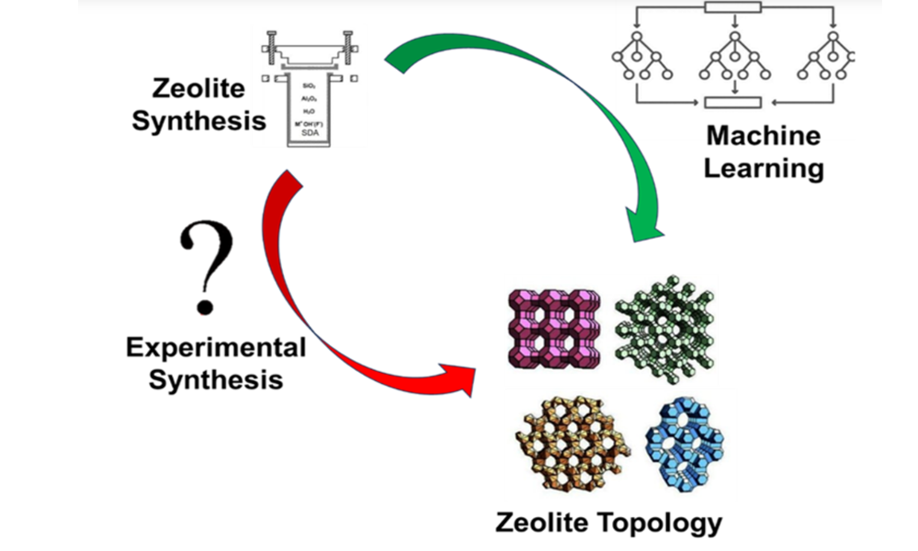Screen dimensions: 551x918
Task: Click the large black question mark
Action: point(210,267)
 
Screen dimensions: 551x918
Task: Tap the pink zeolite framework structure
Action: point(553,328)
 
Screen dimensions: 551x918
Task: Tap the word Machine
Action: point(763,137)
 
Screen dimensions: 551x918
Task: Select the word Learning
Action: point(763,168)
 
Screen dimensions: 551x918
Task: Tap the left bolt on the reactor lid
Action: point(272,43)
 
